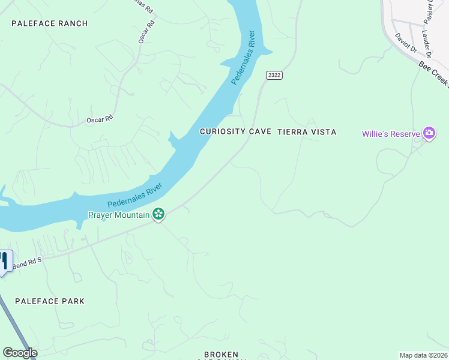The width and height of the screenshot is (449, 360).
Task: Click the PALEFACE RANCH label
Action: coord(50,23)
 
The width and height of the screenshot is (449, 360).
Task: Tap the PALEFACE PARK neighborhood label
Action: coord(50,301)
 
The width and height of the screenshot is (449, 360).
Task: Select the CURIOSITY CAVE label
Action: coord(236,131)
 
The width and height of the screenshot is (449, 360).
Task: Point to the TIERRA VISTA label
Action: coord(307,131)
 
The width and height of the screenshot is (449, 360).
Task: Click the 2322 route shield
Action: coord(274,75)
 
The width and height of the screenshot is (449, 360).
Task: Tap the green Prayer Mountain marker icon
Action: coord(158,214)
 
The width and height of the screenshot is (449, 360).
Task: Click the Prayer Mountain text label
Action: coord(118,214)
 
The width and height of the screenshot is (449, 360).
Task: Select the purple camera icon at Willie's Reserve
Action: coord(429,133)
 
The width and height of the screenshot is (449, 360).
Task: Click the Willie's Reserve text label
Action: coord(390,133)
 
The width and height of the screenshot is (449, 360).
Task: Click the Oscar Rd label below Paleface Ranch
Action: coord(100,119)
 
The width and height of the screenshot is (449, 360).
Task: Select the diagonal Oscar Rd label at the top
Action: coord(146,32)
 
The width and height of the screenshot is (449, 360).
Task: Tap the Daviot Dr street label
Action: coord(406,43)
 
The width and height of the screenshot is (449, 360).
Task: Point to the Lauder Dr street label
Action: coord(426,41)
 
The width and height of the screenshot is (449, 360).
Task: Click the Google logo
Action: coord(19,353)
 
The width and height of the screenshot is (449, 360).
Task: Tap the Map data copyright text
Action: coord(424,355)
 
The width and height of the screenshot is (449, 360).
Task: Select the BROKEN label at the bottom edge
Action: coord(221,355)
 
